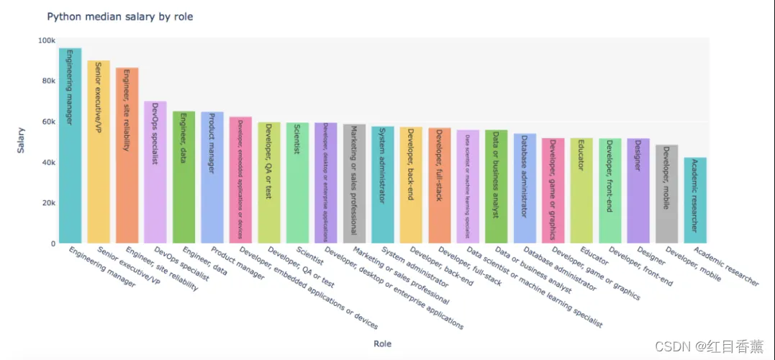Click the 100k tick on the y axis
(x=46, y=40)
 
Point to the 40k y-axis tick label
(x=48, y=163)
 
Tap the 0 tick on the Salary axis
(x=52, y=243)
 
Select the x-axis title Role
(x=383, y=343)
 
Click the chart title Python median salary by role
(x=119, y=16)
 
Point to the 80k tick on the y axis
(x=48, y=81)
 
